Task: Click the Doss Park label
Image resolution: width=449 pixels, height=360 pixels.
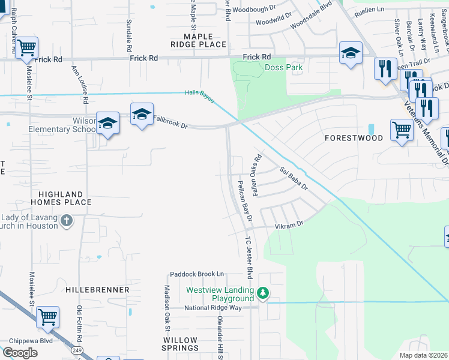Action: pos(283,68)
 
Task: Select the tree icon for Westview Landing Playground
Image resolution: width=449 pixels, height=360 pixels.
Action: pos(262,293)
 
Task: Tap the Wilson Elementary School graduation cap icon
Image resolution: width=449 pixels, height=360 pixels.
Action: pos(107,123)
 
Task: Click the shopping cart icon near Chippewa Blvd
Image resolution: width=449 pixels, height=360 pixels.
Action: pos(47,316)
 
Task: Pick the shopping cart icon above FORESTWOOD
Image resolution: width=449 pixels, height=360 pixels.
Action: pos(401,129)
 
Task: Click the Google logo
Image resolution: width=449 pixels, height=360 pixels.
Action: pos(20,353)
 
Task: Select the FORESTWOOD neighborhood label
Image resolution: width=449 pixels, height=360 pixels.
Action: pos(354,138)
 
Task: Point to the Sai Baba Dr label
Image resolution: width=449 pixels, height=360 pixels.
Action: pos(294,179)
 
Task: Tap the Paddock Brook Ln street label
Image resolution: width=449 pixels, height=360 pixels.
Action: pos(196,274)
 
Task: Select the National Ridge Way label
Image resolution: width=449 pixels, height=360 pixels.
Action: pos(212,308)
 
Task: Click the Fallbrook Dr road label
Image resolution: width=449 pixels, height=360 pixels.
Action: pos(171,122)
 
